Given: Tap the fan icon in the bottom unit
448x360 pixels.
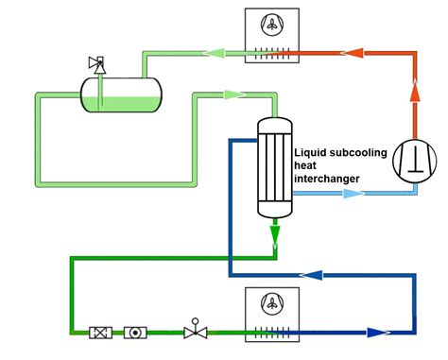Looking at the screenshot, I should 273,303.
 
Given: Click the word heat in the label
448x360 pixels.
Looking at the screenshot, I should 306,165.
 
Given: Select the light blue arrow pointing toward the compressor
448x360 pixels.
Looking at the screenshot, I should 353,193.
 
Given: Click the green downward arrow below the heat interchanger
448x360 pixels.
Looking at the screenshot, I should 274,231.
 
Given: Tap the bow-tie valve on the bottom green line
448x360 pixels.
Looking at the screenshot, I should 196,332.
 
